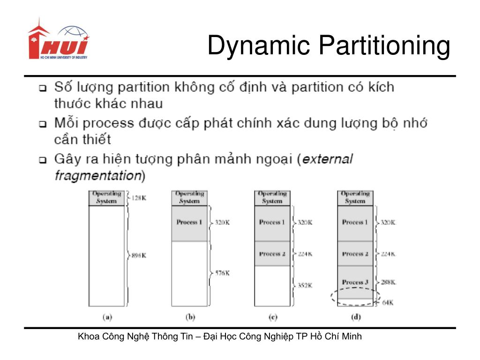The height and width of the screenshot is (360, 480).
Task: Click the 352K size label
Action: point(305,285)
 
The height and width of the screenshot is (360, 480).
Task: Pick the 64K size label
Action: point(387,303)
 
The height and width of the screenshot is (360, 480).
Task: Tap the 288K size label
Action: point(388,282)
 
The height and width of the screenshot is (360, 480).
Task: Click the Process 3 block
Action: point(355,282)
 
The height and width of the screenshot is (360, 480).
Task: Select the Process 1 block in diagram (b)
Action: point(190,223)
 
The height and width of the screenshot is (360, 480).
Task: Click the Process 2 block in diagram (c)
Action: point(272,254)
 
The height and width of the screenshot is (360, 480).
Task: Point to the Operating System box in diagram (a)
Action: point(107,197)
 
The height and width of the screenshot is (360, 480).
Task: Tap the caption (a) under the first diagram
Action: point(107,317)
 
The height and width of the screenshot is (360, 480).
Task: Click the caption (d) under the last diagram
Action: point(356,317)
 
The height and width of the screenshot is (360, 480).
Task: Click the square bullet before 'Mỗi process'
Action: point(43,125)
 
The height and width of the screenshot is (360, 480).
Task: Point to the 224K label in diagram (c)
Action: point(305,254)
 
